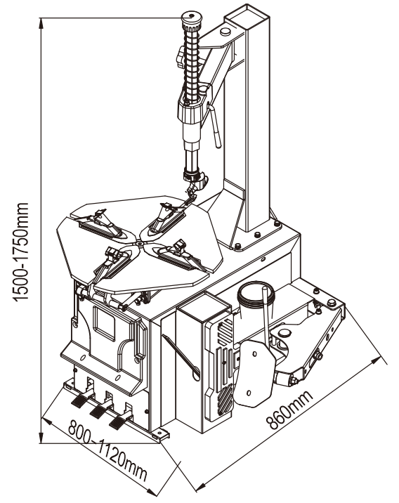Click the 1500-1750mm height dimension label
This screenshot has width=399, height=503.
tap(21, 252)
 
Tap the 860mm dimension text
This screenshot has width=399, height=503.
tap(289, 410)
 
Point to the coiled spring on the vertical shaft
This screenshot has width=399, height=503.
tap(192, 64)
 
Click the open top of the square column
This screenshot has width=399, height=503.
tap(247, 17)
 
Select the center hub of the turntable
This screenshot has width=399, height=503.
tap(140, 244)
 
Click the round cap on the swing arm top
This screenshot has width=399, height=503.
tap(225, 32)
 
